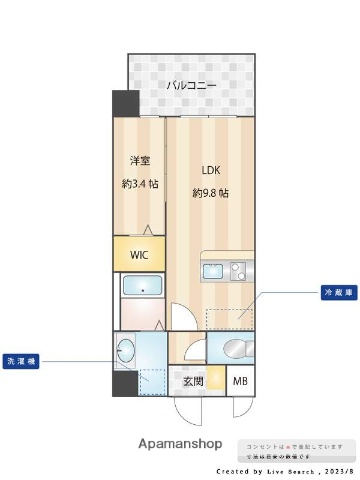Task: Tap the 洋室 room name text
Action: (x=139, y=159)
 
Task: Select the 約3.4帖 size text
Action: (x=139, y=183)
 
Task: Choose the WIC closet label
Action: (x=139, y=254)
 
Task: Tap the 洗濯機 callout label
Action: (x=22, y=361)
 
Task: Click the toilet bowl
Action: (x=231, y=349)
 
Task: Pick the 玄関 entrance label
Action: (x=193, y=381)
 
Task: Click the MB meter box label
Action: (x=241, y=381)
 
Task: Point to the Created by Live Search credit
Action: (x=285, y=470)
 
